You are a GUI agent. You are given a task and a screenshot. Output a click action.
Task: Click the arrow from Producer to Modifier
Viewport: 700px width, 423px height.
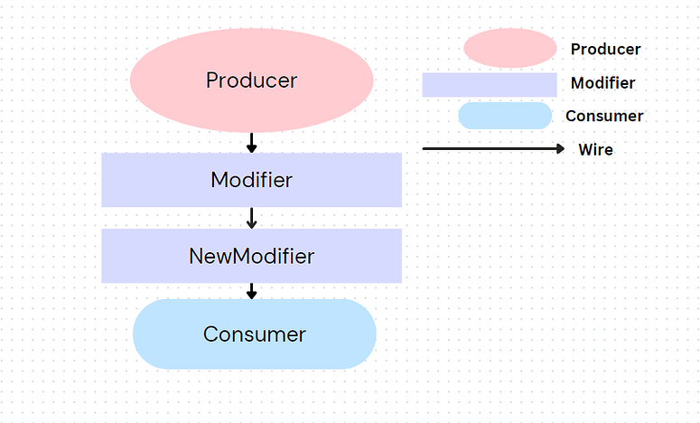tap(252, 142)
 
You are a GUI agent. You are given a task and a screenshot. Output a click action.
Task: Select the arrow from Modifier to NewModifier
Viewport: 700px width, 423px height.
tap(252, 218)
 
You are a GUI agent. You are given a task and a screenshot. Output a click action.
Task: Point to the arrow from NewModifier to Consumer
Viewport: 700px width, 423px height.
tap(252, 291)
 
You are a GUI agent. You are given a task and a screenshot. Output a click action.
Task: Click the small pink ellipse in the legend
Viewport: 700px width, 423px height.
tap(509, 48)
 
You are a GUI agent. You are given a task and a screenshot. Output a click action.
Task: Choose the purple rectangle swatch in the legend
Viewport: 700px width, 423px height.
tap(490, 84)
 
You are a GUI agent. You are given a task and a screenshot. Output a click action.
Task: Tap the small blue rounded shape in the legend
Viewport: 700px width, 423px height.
tap(505, 116)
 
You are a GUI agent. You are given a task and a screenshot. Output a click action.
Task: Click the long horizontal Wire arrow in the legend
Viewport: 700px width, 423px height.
tap(488, 148)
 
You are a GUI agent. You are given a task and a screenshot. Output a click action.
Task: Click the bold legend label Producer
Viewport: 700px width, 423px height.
tap(605, 50)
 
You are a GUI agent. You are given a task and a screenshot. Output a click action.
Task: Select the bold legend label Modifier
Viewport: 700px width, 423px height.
tap(602, 83)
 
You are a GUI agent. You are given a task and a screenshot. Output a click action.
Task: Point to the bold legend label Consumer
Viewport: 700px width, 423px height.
tap(604, 116)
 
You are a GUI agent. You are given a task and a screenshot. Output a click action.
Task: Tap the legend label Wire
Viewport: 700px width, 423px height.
tap(595, 150)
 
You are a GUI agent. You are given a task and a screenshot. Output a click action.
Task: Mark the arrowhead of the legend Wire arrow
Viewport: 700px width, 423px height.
tap(559, 148)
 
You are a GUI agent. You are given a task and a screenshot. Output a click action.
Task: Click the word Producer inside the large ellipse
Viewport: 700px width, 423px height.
tap(251, 80)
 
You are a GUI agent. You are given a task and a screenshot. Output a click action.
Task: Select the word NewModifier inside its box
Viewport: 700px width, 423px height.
tap(251, 256)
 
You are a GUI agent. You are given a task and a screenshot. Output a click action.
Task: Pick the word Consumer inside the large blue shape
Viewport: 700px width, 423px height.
tap(254, 334)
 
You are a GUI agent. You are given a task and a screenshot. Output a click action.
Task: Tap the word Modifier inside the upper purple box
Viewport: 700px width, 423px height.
tap(251, 180)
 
